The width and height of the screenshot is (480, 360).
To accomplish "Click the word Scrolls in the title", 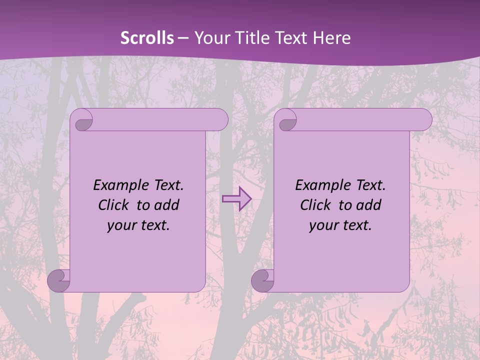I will (147, 38).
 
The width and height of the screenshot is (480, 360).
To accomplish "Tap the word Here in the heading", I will (331, 38).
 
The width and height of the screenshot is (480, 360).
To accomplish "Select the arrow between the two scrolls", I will (236, 199).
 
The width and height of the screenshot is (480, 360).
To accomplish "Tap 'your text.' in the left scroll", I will (138, 225).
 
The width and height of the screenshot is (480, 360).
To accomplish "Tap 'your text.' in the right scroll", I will (340, 225).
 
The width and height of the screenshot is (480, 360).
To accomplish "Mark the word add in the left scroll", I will (166, 205).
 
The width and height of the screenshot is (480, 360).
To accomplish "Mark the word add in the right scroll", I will (368, 205).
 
